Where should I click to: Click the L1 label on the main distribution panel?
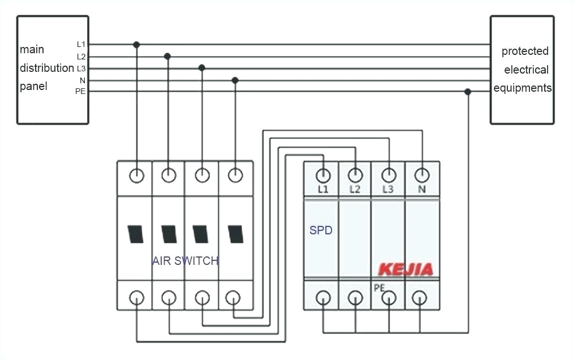click(x=81, y=44)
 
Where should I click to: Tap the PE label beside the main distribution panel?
click(x=80, y=92)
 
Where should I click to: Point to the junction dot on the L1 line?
click(x=136, y=44)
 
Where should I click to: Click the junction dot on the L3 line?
click(x=201, y=68)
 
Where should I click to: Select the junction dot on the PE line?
click(x=467, y=92)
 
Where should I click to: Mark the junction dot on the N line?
click(x=235, y=80)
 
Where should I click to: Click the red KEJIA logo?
click(x=406, y=269)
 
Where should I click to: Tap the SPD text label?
click(x=321, y=231)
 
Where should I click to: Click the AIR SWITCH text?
click(x=185, y=261)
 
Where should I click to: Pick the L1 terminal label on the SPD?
click(x=323, y=189)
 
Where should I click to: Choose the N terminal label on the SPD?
click(x=421, y=189)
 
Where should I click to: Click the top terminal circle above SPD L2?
click(x=355, y=174)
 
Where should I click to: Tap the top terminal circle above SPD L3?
click(x=388, y=174)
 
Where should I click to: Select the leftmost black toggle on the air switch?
click(x=136, y=234)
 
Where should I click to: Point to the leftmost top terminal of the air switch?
click(x=137, y=175)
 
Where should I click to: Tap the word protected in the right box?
click(x=525, y=52)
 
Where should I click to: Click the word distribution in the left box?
click(x=47, y=68)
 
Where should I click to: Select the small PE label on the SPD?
click(x=379, y=288)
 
